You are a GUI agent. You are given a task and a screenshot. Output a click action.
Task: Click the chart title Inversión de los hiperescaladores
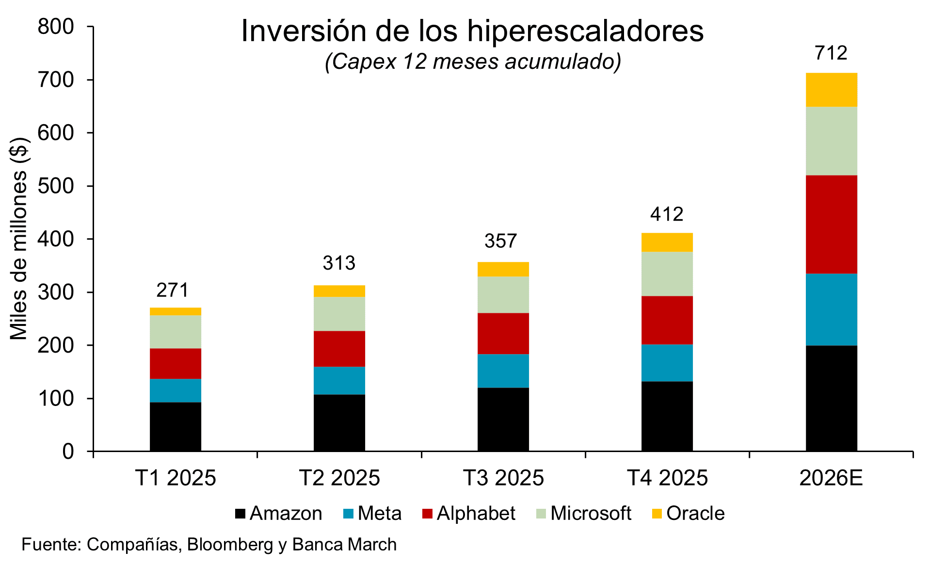pos(472,31)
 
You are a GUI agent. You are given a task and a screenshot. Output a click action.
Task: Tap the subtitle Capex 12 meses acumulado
pos(473,62)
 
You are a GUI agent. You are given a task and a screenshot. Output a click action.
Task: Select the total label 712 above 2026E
pos(831,53)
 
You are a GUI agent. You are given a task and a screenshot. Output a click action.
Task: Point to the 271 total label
pos(173,290)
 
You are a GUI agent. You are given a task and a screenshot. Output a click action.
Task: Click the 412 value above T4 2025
pos(667,214)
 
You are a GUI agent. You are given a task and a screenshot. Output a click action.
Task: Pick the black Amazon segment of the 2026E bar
pos(831,398)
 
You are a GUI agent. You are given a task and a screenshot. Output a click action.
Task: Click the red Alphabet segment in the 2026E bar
pos(831,224)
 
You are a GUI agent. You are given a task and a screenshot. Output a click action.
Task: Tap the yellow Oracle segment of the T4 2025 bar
pos(667,242)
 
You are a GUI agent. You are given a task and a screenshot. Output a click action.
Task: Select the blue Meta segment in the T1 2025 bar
pos(175,390)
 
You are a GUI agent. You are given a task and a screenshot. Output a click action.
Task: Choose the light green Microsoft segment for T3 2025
pos(503,294)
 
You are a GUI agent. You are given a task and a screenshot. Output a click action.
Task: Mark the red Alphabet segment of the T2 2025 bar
pos(339,348)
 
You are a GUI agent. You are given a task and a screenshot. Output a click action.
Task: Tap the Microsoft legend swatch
pos(542,514)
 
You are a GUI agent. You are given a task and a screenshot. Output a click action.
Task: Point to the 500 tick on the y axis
pos(56,186)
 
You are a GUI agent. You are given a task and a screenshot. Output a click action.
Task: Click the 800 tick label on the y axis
pos(56,27)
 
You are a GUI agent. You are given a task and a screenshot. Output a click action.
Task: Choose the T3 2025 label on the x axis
pos(503,478)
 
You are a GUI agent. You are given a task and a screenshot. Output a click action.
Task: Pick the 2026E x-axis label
pos(831,478)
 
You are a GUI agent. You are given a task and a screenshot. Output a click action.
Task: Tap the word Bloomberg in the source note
pos(230,545)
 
